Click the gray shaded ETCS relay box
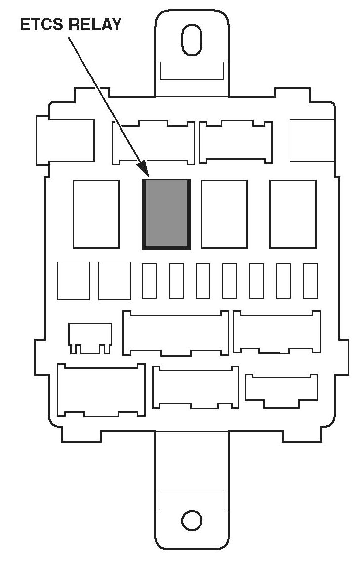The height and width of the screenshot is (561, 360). (166, 214)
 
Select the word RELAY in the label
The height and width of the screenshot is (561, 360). (94, 25)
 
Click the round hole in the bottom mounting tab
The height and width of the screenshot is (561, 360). (192, 521)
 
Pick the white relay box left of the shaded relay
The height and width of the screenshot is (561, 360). (96, 214)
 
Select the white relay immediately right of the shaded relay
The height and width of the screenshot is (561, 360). (224, 214)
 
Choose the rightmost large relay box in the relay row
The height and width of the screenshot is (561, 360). (293, 214)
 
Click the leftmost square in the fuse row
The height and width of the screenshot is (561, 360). (74, 281)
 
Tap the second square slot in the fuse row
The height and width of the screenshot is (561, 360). (115, 281)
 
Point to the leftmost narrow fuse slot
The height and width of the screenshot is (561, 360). (149, 281)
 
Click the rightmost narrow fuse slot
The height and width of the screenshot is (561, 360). (310, 281)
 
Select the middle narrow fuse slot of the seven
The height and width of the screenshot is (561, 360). (230, 281)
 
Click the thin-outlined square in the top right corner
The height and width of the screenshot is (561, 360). (312, 140)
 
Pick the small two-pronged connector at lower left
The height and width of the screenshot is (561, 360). (90, 338)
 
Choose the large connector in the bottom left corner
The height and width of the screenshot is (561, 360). (101, 390)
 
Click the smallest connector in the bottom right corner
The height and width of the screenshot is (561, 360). (281, 391)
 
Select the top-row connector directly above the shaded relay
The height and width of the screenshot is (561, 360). (153, 143)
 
